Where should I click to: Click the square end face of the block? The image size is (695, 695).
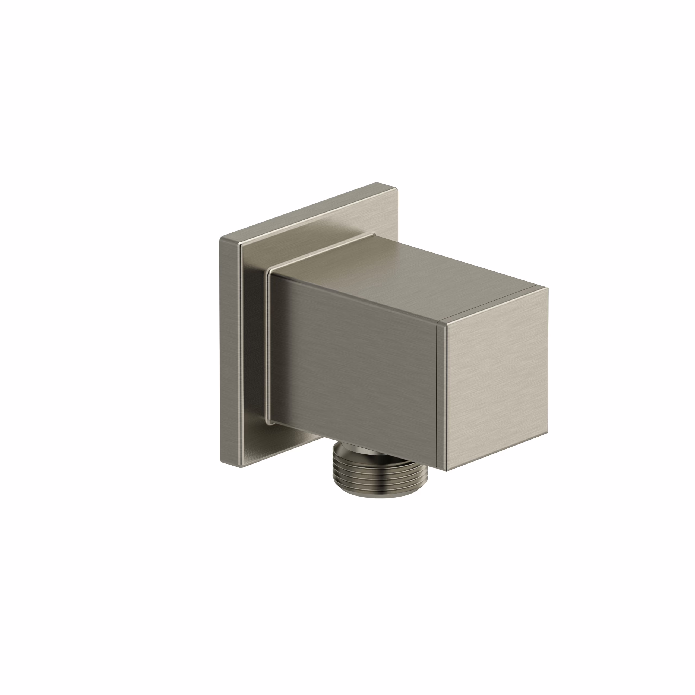[x=497, y=378]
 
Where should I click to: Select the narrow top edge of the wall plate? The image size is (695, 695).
[x=306, y=212]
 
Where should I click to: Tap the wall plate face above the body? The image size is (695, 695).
[x=317, y=230]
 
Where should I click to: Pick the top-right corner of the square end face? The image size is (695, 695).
[x=548, y=288]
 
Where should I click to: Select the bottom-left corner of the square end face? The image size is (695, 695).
[x=446, y=470]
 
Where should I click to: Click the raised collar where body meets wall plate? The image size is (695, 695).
[x=268, y=345]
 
